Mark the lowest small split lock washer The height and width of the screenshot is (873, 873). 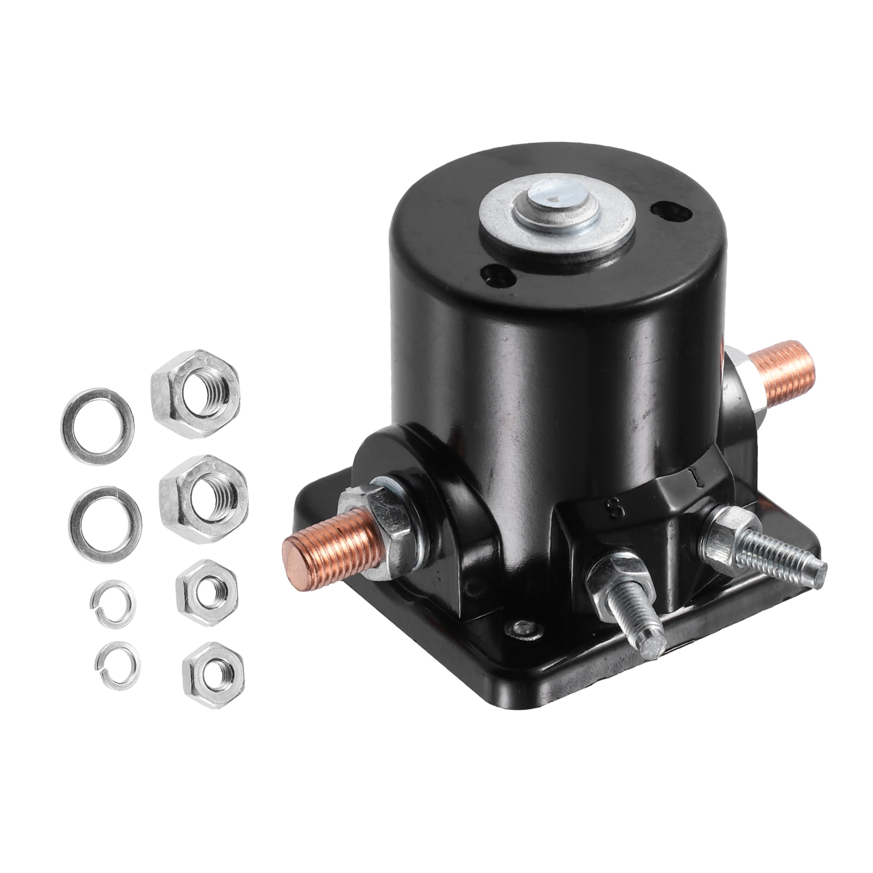(102, 669)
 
